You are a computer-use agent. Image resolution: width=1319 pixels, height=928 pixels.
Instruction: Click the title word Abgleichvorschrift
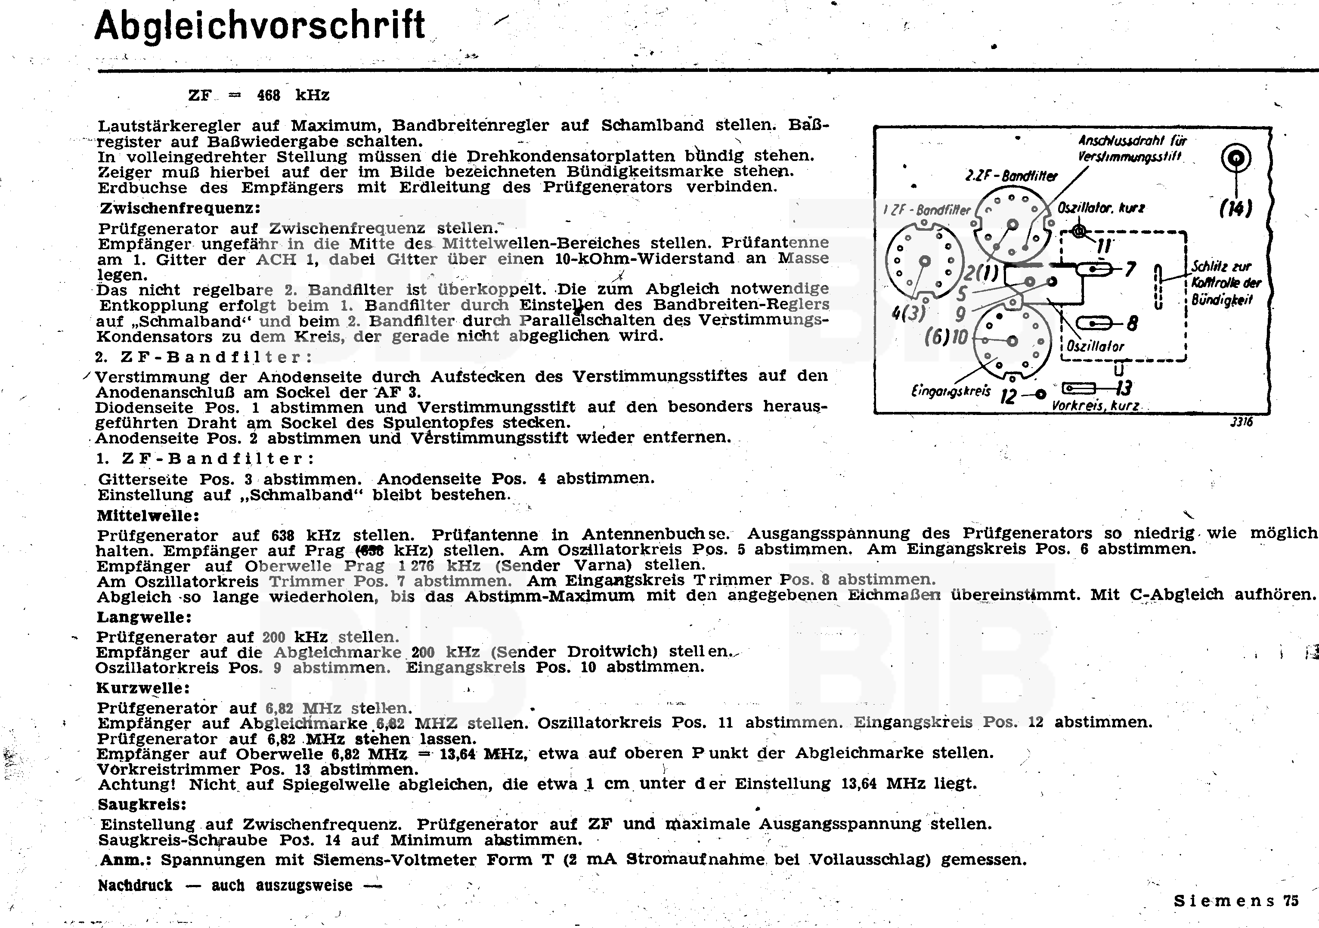tap(260, 26)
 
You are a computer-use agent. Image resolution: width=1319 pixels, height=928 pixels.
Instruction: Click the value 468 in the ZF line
tap(268, 95)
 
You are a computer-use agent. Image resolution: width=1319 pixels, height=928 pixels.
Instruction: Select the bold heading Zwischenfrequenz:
tap(180, 208)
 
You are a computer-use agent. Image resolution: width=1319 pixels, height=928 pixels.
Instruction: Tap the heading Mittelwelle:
tap(148, 515)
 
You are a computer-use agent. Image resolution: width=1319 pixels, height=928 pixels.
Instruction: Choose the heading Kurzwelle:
tap(143, 687)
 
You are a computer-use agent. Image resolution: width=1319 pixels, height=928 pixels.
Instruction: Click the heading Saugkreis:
tap(142, 804)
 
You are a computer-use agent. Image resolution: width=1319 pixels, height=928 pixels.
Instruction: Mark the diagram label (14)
tap(1235, 208)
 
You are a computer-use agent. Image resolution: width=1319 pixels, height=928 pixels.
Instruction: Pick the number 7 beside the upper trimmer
tap(1130, 269)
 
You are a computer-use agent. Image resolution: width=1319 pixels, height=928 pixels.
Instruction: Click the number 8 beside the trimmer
tap(1132, 323)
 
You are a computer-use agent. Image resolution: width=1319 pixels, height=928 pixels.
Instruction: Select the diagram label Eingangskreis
tap(951, 391)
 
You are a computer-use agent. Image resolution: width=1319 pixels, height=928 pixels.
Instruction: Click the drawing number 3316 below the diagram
tap(1242, 422)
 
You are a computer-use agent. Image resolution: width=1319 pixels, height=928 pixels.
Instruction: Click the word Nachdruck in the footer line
tap(135, 885)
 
